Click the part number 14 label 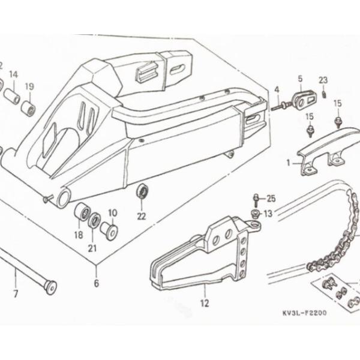(13, 74)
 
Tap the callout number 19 (29, 86)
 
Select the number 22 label (142, 216)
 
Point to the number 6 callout (97, 283)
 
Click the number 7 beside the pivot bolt (16, 293)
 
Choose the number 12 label (205, 303)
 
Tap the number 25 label (271, 199)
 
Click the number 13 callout (268, 214)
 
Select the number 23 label (323, 80)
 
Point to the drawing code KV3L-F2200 (304, 313)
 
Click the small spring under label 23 (324, 94)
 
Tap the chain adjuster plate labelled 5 (304, 101)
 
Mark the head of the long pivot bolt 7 (51, 287)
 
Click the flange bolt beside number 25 (256, 200)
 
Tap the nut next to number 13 (256, 213)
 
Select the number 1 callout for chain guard (289, 163)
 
